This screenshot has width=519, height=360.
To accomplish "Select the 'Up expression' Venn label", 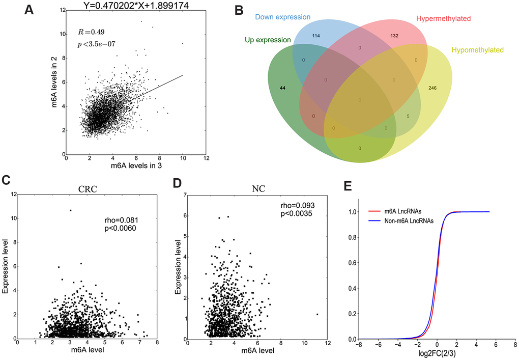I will tap(268, 40).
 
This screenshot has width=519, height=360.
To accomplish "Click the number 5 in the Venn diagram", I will tap(408, 116).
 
